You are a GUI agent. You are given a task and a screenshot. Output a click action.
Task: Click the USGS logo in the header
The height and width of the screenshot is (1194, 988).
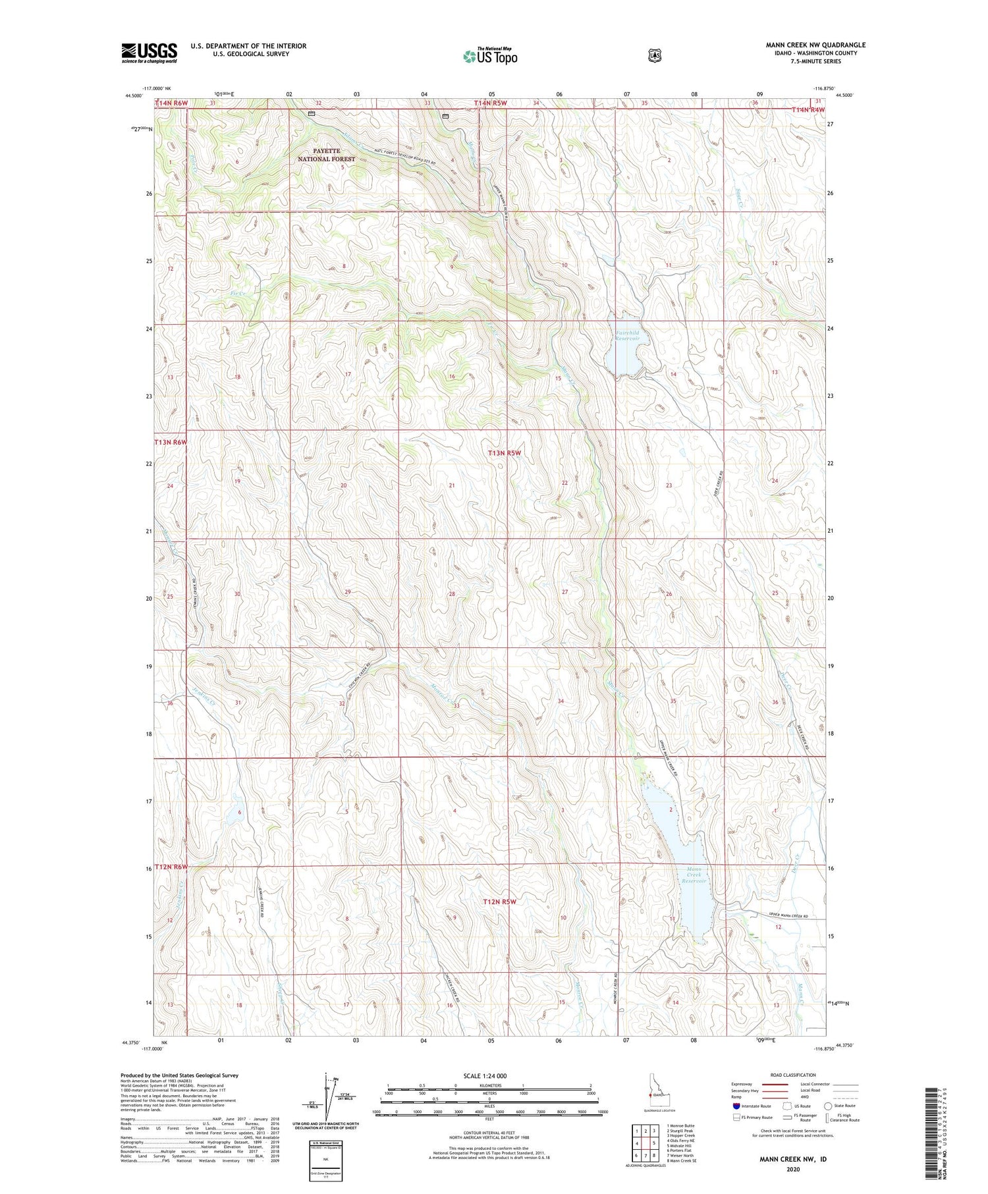coord(149,53)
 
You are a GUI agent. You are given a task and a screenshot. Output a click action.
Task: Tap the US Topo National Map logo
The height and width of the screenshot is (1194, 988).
coord(490,56)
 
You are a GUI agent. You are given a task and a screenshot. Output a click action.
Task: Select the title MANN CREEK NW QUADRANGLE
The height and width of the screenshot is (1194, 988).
coord(815,45)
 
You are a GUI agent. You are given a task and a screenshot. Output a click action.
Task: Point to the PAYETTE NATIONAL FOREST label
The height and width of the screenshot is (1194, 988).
coord(326,155)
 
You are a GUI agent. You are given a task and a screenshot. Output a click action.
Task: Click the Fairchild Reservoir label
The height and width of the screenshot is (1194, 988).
coord(627,336)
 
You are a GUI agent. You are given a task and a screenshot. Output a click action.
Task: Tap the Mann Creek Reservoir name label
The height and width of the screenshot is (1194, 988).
coord(694,875)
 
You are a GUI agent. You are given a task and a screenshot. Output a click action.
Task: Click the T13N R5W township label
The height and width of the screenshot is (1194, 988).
coord(505,453)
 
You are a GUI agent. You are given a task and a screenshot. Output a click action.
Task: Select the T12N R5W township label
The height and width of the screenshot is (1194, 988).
coord(499,902)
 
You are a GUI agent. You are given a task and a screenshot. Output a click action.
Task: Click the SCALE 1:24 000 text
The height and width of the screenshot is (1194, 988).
coord(485,1075)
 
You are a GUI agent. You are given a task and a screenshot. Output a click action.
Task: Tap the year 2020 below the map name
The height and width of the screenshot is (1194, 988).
coord(792,1170)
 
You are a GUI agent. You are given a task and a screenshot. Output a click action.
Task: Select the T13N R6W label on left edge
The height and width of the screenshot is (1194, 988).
coord(171,442)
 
